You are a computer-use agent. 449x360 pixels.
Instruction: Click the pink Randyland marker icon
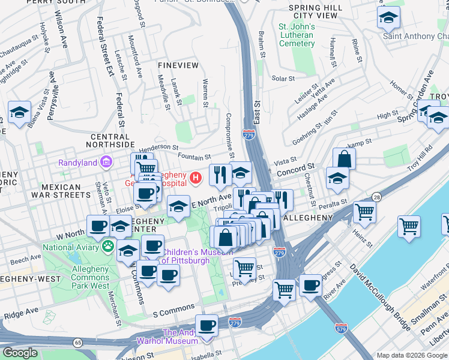[x=107, y=161]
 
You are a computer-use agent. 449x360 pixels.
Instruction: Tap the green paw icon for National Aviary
[x=108, y=245]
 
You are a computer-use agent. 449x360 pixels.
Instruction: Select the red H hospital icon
[x=195, y=178]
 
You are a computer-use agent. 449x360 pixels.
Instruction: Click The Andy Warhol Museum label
[x=179, y=337]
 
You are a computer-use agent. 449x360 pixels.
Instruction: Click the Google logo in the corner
[x=20, y=353]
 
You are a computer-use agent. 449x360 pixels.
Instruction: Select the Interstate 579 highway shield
[x=340, y=328]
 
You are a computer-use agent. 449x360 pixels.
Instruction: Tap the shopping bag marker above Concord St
[x=344, y=159]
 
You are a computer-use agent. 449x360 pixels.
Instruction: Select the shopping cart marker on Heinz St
[x=364, y=211]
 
